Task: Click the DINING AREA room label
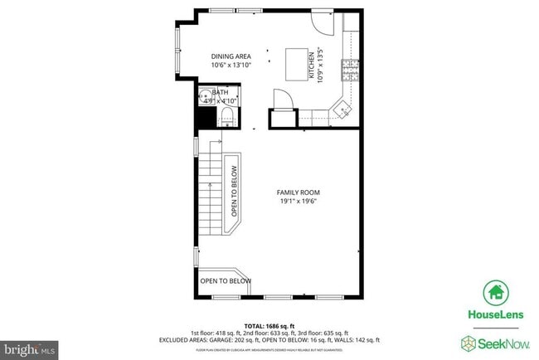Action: click(x=231, y=56)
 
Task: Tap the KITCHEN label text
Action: click(x=313, y=65)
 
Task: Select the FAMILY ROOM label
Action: click(x=297, y=192)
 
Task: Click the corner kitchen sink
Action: click(x=341, y=107)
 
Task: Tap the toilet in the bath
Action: click(x=226, y=119)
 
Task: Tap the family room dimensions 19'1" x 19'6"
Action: click(x=297, y=201)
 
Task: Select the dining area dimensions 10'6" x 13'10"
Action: click(x=231, y=65)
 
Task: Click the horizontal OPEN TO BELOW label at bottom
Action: click(x=226, y=281)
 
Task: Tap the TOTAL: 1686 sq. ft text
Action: click(x=270, y=325)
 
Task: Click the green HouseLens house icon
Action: click(x=496, y=292)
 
